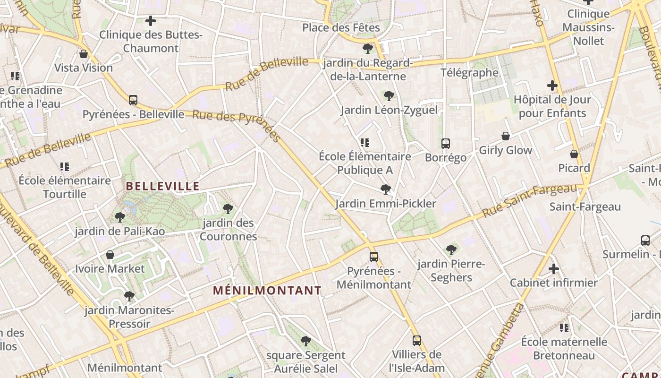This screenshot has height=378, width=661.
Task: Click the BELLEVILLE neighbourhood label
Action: (x=163, y=186)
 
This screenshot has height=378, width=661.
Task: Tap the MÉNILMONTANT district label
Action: (x=267, y=291)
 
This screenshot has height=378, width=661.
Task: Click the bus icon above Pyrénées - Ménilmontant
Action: (x=374, y=257)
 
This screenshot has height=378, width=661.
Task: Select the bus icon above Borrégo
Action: (x=446, y=144)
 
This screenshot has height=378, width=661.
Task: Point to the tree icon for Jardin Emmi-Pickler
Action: (x=386, y=189)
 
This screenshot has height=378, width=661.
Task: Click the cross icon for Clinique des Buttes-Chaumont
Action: (x=151, y=21)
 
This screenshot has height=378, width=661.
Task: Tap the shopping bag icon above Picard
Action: (x=574, y=154)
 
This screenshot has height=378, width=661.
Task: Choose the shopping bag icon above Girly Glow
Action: (x=506, y=136)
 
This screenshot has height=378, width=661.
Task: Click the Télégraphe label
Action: (x=469, y=72)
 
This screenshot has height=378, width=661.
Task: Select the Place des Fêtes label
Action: (x=341, y=27)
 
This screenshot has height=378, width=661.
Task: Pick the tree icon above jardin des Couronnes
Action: (x=228, y=208)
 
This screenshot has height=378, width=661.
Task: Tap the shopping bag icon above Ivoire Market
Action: (x=110, y=255)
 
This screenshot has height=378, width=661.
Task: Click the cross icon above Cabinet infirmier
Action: (x=554, y=269)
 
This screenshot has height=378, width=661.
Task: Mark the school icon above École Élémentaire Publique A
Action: (x=364, y=142)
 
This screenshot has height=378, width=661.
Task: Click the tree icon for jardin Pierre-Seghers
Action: (x=451, y=249)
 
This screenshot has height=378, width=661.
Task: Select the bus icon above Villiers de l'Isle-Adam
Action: (x=416, y=340)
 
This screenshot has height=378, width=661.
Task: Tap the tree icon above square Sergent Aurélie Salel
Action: (x=306, y=341)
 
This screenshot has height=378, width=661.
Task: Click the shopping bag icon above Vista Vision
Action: (x=84, y=54)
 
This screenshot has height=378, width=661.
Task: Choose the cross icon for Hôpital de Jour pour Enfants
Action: (x=552, y=86)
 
